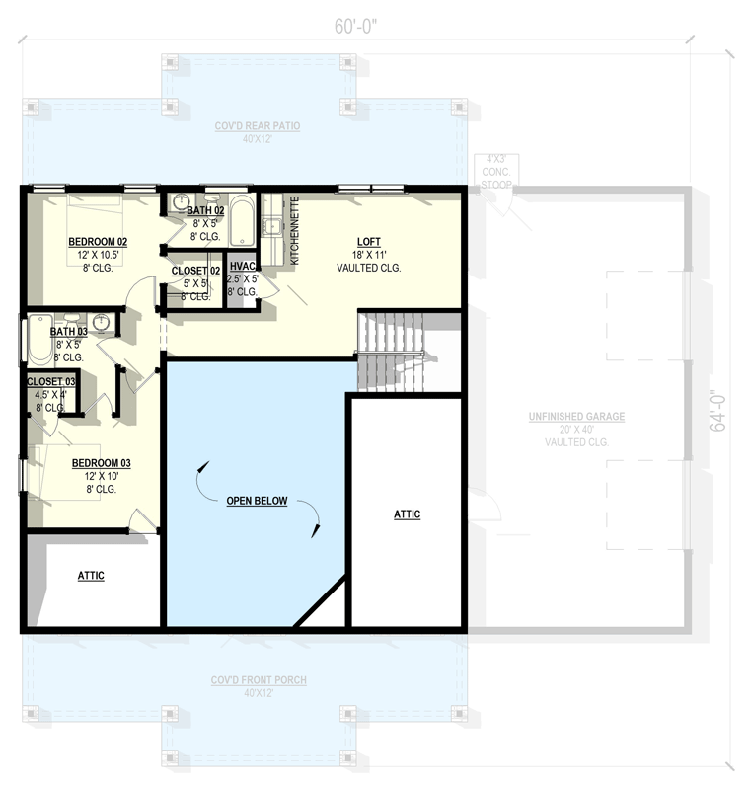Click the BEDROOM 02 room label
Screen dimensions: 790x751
tap(97, 242)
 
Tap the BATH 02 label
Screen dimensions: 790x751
tap(205, 211)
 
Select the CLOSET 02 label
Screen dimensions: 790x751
tap(195, 271)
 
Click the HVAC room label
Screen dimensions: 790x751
tap(242, 267)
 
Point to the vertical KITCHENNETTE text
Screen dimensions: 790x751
tap(294, 230)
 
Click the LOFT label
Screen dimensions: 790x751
tap(369, 242)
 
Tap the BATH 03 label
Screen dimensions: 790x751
tap(69, 332)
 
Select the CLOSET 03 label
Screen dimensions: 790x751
tap(50, 381)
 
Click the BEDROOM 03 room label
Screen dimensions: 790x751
tap(101, 463)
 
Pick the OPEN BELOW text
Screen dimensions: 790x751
tap(257, 501)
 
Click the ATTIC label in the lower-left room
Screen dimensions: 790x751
tap(91, 576)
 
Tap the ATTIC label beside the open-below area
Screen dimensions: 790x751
tap(407, 514)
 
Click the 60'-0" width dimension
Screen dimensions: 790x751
tap(356, 27)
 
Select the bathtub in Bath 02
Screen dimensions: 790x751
tap(243, 221)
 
